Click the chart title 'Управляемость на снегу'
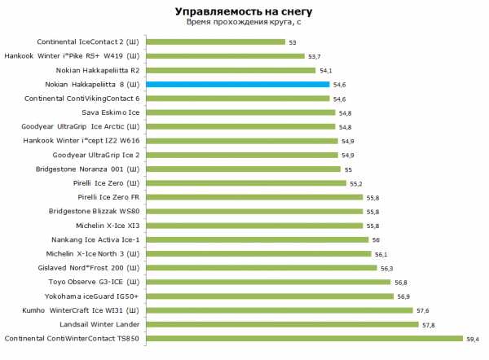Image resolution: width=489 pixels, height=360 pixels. pyautogui.click(x=242, y=11)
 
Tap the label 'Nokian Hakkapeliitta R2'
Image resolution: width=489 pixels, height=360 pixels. pyautogui.click(x=95, y=70)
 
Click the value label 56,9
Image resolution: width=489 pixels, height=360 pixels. pyautogui.click(x=404, y=296)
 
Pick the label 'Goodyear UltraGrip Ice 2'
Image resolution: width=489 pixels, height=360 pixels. pyautogui.click(x=95, y=155)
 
